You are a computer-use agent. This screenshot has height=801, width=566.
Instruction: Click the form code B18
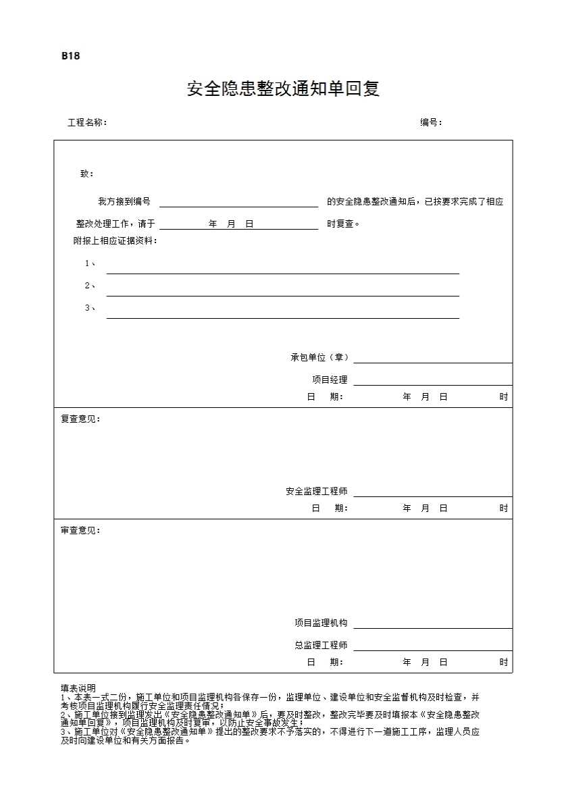70,56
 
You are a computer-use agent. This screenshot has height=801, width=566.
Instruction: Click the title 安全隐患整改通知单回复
283,88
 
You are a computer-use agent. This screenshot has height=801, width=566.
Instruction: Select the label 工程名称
86,123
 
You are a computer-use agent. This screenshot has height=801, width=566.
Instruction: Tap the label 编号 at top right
431,123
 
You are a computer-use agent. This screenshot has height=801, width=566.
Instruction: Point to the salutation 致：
87,174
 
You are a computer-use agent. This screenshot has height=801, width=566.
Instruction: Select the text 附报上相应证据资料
115,240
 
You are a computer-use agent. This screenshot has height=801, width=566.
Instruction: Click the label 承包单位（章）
319,357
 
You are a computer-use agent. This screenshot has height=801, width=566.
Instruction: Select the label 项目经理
330,380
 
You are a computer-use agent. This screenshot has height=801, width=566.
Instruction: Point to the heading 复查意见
80,419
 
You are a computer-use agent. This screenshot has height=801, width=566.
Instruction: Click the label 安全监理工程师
316,491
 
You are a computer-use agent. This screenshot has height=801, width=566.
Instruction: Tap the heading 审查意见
80,530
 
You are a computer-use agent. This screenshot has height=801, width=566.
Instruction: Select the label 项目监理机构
321,623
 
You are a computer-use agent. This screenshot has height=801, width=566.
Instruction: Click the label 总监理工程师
321,645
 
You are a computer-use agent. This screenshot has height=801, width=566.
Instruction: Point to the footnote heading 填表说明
78,688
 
